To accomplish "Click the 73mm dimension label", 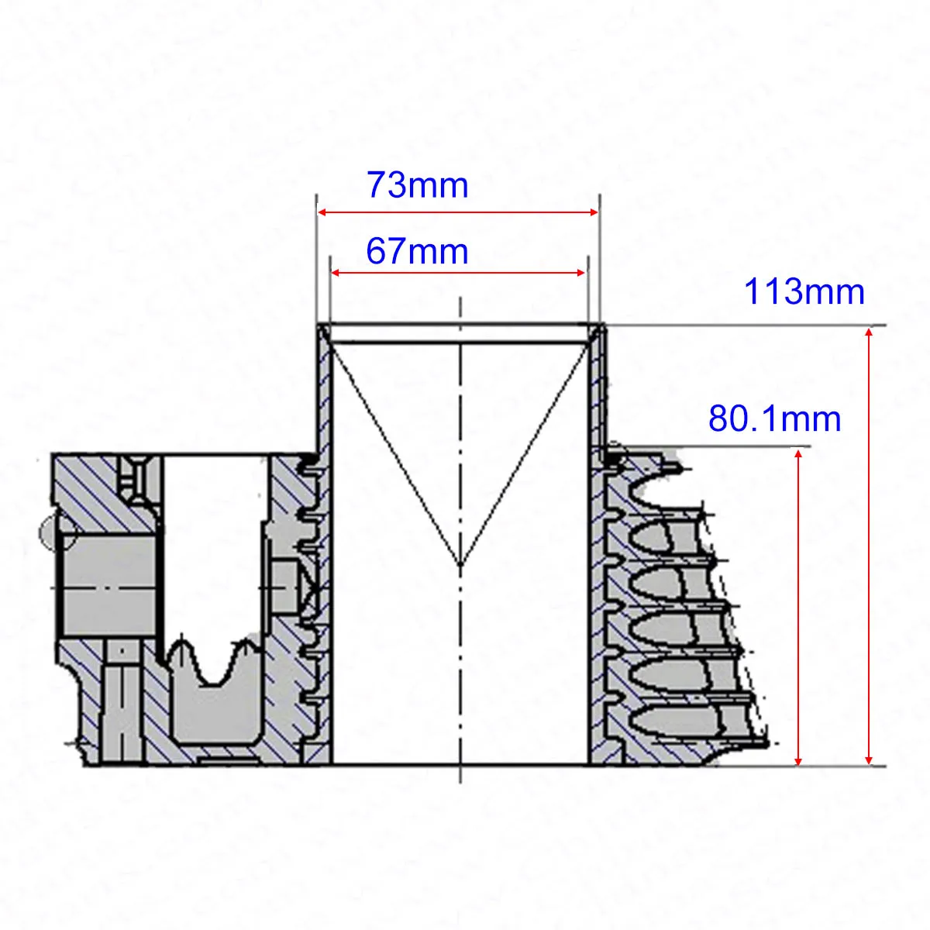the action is coord(418,185).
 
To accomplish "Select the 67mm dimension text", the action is coord(417,251).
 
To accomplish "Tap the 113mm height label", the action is coord(804,291).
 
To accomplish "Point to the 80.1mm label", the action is coord(774,419).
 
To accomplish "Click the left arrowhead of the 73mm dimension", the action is coord(323,212).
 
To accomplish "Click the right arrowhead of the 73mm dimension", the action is coord(593,212).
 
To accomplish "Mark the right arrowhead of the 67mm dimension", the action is coord(580,273).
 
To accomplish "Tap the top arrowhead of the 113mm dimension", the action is coord(869,333).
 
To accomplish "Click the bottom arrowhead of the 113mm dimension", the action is coord(869,759).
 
